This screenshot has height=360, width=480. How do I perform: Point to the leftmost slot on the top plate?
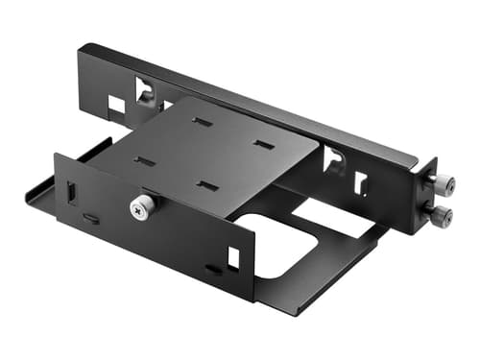click(x=144, y=160)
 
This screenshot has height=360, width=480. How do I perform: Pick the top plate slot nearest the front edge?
click(x=206, y=184)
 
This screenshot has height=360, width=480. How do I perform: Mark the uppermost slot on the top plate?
click(x=202, y=122)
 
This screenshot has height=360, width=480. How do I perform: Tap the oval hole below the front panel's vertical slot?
click(x=89, y=219)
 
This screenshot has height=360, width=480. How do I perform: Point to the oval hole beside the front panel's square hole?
click(x=212, y=270)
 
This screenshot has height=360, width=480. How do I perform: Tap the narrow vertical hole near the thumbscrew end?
click(x=360, y=182)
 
